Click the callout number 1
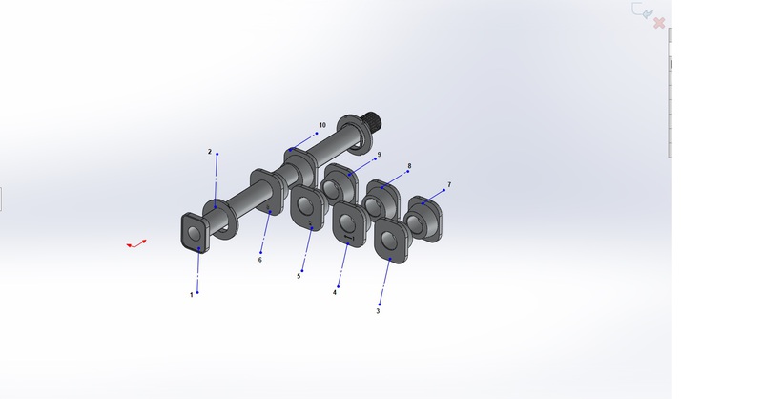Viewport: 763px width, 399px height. [192, 295]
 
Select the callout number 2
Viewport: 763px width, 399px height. [210, 152]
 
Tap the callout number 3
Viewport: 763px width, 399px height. [378, 311]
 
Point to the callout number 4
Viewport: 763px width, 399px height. [335, 293]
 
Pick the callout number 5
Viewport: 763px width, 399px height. [299, 276]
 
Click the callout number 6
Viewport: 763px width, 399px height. [259, 260]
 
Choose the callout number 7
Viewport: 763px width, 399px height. [449, 184]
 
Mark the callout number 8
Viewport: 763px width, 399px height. [410, 166]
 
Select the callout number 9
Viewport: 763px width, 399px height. [379, 155]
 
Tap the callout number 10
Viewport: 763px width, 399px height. [322, 125]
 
